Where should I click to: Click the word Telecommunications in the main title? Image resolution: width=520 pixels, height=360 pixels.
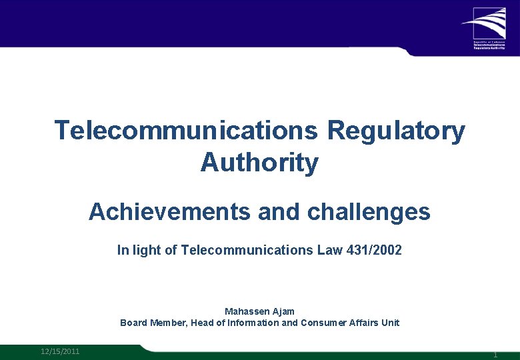(186, 131)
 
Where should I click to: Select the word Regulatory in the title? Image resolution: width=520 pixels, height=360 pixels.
(396, 131)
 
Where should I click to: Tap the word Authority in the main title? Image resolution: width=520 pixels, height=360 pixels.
(259, 162)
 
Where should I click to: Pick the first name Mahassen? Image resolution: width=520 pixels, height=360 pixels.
(247, 311)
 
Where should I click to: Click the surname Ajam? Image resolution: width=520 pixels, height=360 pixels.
(283, 311)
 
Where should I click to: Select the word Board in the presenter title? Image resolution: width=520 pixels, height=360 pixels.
(133, 323)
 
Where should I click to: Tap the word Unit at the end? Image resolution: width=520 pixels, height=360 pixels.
(389, 323)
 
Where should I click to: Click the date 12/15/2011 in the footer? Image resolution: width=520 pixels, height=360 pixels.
(60, 351)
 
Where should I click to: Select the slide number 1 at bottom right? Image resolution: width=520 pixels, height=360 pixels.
(495, 355)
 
